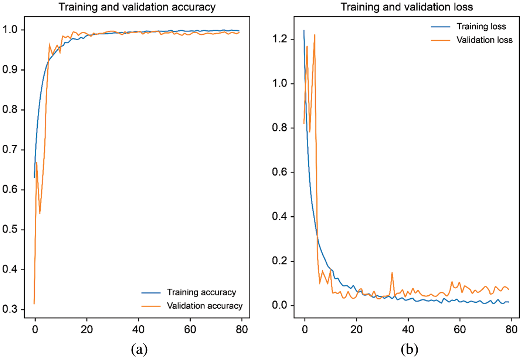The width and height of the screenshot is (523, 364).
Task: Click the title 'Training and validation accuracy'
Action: [x=137, y=7]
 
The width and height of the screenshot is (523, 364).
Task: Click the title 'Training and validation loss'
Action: [x=407, y=7]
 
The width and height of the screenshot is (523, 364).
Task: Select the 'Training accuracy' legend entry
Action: [x=201, y=292]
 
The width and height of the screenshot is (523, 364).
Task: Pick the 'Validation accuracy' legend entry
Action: [x=204, y=306]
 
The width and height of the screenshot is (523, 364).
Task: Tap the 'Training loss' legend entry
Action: [x=481, y=27]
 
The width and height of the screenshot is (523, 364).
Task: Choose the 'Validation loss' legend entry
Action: [x=484, y=40]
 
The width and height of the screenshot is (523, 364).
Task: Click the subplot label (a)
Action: [x=139, y=349]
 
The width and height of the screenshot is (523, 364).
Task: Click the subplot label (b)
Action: [x=409, y=349]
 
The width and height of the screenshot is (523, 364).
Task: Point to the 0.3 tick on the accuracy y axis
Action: [x=10, y=309]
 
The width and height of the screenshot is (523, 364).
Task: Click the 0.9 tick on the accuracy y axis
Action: [x=10, y=70]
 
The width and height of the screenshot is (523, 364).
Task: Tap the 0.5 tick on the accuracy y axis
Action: [x=10, y=229]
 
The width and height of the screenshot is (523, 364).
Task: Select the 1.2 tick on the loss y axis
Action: [x=280, y=39]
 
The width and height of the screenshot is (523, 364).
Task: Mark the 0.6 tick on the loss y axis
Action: [x=280, y=172]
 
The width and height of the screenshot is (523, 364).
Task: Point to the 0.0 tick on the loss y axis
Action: [x=280, y=305]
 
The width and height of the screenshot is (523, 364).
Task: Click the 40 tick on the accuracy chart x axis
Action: [x=139, y=329]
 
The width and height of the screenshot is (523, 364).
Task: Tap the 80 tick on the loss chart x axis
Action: [x=512, y=329]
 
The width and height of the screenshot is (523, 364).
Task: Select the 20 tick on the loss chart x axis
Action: [x=356, y=329]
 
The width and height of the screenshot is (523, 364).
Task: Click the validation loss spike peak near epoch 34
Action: [x=392, y=273]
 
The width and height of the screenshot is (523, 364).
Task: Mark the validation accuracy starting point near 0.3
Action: [x=34, y=303]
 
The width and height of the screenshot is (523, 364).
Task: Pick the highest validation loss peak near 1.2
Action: [x=315, y=35]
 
